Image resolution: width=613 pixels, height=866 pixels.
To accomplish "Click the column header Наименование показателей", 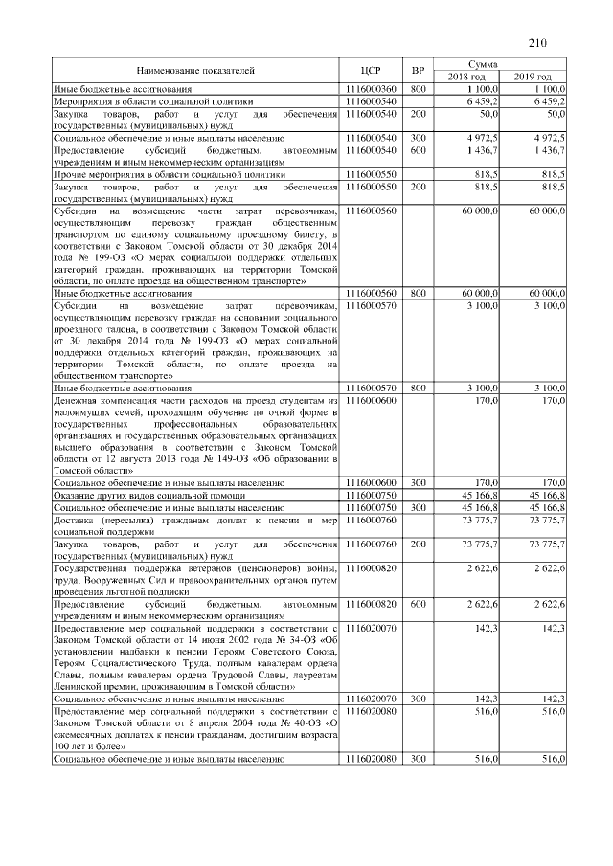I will coord(195,70).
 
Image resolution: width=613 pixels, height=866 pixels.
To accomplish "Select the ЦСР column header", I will coord(372,70).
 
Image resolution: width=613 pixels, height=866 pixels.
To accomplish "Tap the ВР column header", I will coord(418,70).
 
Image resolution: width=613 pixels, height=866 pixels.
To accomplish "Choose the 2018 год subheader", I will coord(468,77).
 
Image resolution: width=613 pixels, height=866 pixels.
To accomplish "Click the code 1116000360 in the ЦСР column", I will coord(372,88).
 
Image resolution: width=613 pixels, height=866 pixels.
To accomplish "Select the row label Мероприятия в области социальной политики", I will coord(153,100).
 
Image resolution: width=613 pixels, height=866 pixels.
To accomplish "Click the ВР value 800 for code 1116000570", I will coord(418,388).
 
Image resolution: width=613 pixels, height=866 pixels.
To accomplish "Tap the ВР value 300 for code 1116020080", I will coord(418,758).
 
